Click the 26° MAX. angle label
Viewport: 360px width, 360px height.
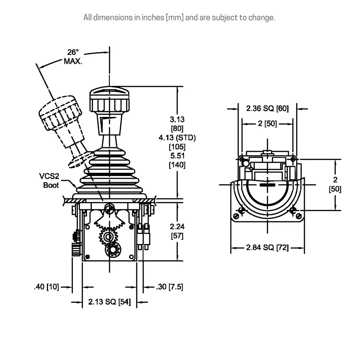click(x=73, y=57)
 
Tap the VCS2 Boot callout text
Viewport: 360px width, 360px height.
click(x=49, y=181)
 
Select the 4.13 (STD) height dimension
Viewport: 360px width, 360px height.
click(x=177, y=138)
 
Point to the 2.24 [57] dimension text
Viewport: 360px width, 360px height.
click(x=177, y=231)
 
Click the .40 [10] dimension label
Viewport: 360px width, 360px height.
click(x=47, y=287)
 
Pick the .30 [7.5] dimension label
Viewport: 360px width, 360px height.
click(x=170, y=287)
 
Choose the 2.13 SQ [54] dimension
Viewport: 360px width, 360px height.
click(x=109, y=301)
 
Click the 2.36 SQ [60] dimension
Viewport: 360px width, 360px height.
click(x=267, y=108)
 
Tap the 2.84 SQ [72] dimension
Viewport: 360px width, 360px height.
click(x=267, y=247)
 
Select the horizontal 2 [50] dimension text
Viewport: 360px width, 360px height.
click(x=267, y=123)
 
